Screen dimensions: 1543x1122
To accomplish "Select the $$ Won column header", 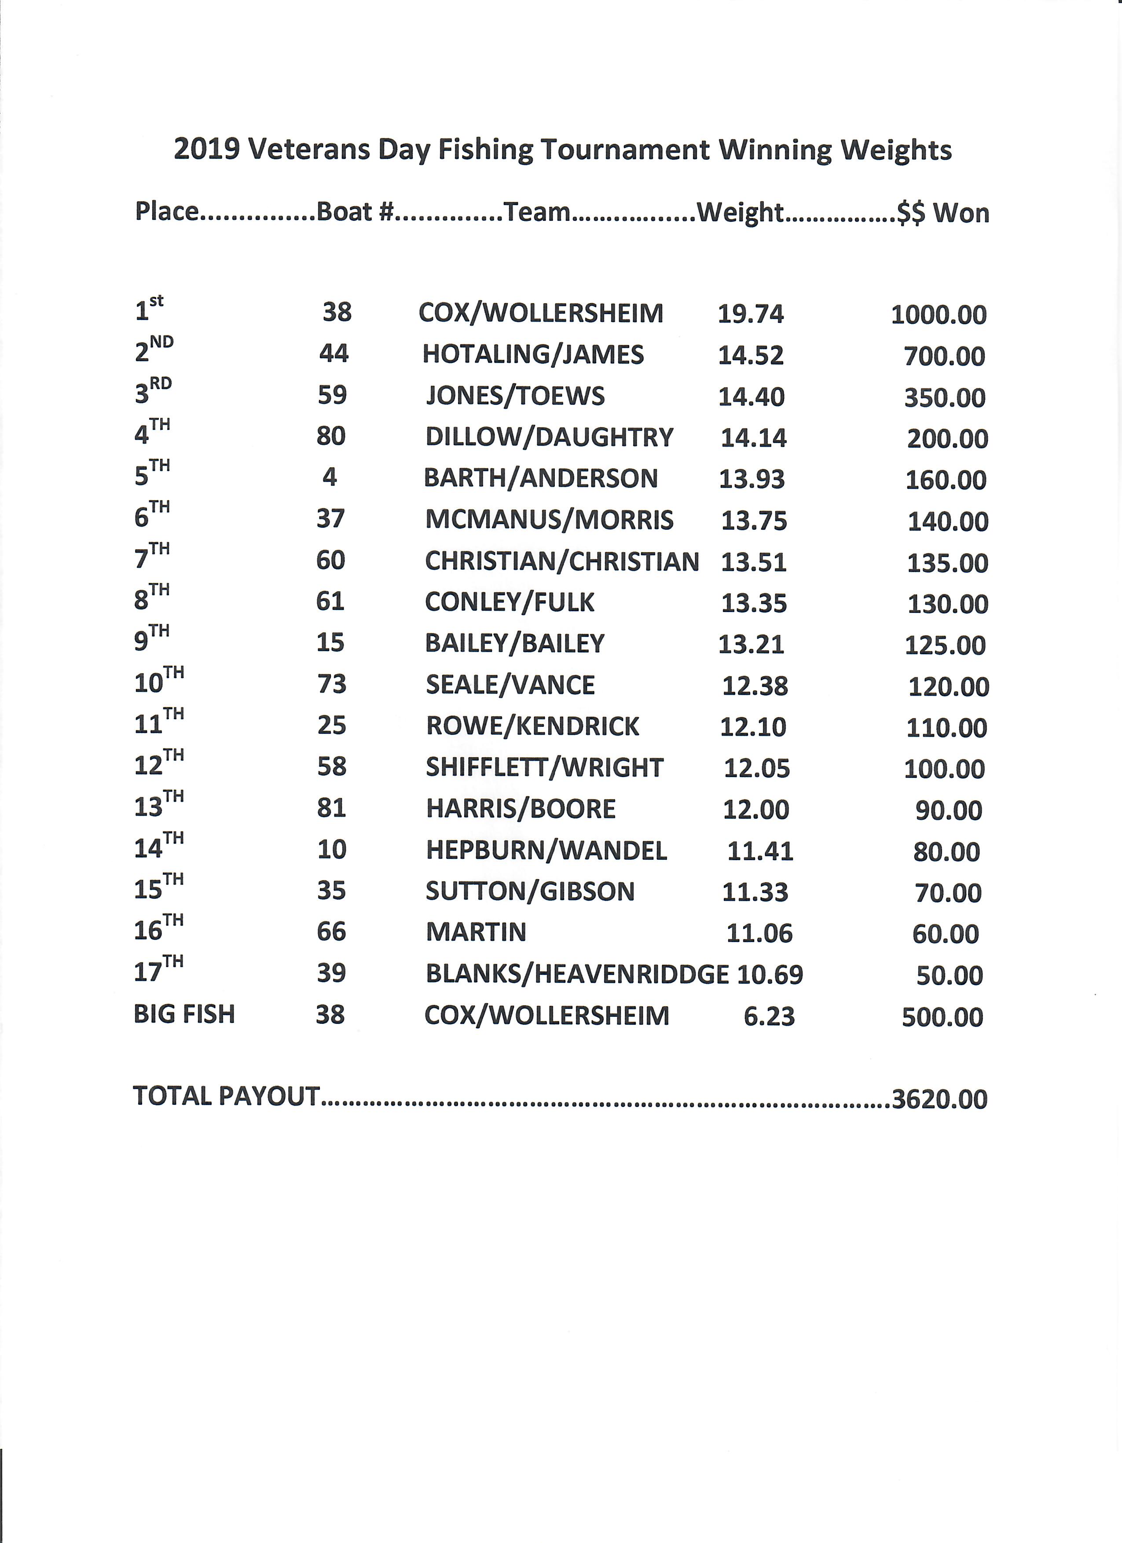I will pyautogui.click(x=943, y=213).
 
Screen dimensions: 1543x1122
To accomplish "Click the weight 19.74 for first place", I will pyautogui.click(x=751, y=314).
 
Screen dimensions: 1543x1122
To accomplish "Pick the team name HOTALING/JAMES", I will pyautogui.click(x=533, y=355).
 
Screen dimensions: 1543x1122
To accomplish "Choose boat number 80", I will pyautogui.click(x=331, y=436).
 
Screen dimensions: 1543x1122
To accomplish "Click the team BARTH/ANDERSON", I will pyautogui.click(x=540, y=478).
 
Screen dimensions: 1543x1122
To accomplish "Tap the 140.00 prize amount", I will pyautogui.click(x=947, y=521).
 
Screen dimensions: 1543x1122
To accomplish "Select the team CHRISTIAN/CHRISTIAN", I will pyautogui.click(x=562, y=561).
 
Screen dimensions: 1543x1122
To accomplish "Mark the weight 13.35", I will pyautogui.click(x=754, y=603).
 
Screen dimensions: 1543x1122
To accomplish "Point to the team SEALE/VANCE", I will pyautogui.click(x=510, y=685).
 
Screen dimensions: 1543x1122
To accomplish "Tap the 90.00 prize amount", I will pyautogui.click(x=949, y=810).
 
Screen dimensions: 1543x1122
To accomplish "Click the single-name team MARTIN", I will pyautogui.click(x=476, y=932).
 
